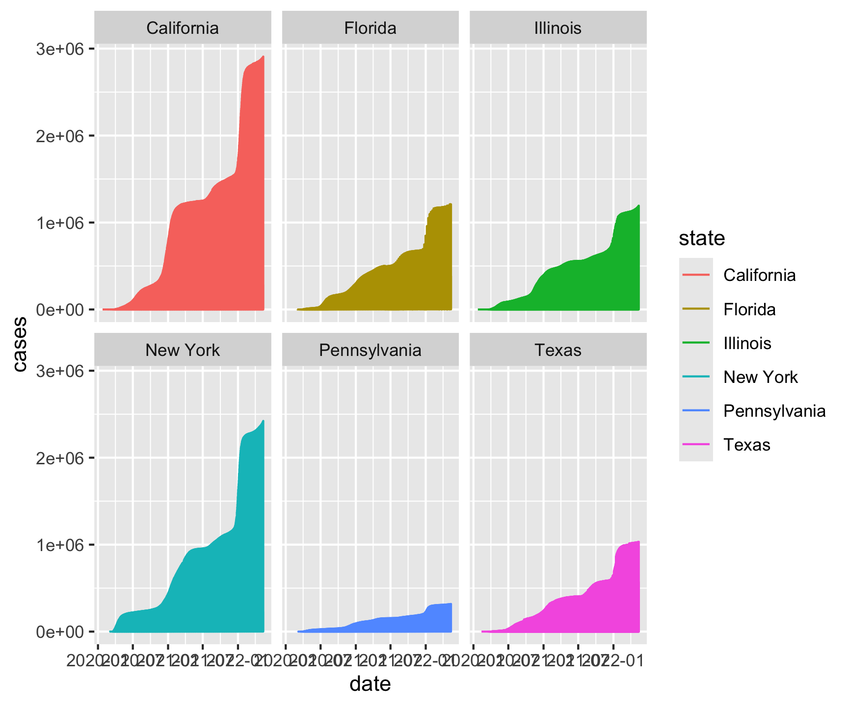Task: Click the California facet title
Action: coord(183,28)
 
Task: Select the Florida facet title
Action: coord(370,28)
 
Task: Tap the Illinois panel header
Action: coord(557,28)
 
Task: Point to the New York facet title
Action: coord(183,350)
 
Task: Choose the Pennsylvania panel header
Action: coord(370,350)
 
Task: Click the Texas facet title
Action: coord(557,350)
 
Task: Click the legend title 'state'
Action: coord(702,238)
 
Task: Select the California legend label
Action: coord(759,275)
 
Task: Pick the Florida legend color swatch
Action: coord(696,309)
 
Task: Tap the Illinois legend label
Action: coord(747,343)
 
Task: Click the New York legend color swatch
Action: coord(696,377)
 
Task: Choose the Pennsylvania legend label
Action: coord(774,411)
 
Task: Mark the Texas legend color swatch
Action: coord(696,445)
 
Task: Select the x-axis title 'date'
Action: coord(370,684)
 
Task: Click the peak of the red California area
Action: coord(264,56)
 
